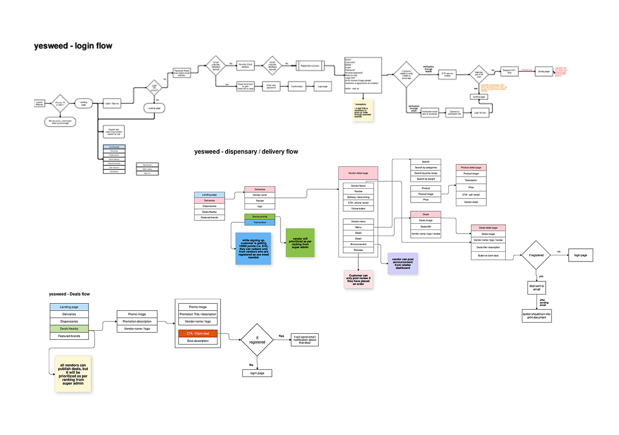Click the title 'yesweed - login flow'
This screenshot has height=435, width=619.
pos(73,46)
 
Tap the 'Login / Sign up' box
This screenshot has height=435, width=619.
pos(111,103)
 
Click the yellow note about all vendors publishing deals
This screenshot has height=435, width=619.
pos(73,373)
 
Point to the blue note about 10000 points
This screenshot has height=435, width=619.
pos(253,249)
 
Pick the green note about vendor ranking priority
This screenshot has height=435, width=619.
pos(300,243)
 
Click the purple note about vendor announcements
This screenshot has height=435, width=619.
pos(403,264)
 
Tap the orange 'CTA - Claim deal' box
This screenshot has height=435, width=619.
pos(198,333)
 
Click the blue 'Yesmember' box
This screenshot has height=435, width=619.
pos(259,222)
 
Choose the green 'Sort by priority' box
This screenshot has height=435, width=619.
pos(259,217)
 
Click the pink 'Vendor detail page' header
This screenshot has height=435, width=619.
pos(358,173)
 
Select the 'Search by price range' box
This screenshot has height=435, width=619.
pos(426,173)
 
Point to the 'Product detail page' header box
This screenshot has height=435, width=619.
pos(471,167)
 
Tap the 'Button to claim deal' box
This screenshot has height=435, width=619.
pos(488,255)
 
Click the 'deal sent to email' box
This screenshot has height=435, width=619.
pos(537,288)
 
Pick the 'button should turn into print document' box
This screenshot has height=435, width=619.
pos(537,316)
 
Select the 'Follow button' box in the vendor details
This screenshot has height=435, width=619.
pos(358,209)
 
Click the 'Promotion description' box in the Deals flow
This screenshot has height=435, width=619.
pos(137,322)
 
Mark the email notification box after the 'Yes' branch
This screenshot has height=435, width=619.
pos(304,340)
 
